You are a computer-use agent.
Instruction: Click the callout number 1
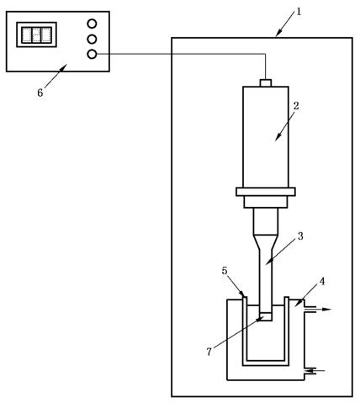[x=299, y=12]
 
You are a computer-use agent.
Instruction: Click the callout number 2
[x=296, y=106]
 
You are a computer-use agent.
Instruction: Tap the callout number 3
[x=300, y=236]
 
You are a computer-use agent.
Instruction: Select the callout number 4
[x=322, y=281]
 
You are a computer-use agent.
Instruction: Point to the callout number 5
[x=225, y=271]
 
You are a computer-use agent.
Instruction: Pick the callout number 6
[x=40, y=93]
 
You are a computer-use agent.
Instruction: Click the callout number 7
[x=209, y=352]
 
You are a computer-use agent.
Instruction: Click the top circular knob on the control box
[x=92, y=24]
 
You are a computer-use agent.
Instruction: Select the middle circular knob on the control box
[x=92, y=39]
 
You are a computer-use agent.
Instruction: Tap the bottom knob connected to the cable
[x=92, y=54]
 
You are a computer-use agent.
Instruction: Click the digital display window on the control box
[x=37, y=34]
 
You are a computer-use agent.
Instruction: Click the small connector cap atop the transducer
[x=266, y=83]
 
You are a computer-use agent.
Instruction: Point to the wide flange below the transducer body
[x=266, y=192]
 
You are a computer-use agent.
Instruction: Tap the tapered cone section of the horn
[x=266, y=242]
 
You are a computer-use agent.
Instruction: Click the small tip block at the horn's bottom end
[x=266, y=316]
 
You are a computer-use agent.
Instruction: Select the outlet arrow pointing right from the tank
[x=318, y=310]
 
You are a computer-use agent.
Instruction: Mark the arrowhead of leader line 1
[x=278, y=34]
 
